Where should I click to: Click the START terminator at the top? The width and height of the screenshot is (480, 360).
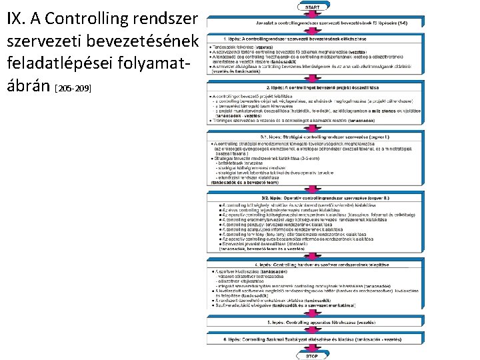point(312,7)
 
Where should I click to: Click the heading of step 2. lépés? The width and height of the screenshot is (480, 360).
point(312,87)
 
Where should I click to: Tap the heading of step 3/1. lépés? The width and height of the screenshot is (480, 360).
point(312,135)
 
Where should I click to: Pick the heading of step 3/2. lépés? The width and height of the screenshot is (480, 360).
point(312,198)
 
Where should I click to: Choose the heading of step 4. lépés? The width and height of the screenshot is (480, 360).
point(312,265)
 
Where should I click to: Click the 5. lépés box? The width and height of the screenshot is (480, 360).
point(312,321)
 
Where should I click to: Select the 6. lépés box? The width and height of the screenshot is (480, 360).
point(312,339)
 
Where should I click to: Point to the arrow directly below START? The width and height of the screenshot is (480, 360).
point(312,14)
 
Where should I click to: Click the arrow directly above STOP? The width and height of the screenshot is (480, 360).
point(312,348)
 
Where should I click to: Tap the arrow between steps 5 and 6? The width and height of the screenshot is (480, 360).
point(312,331)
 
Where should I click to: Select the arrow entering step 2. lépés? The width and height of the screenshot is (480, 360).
point(312,81)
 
